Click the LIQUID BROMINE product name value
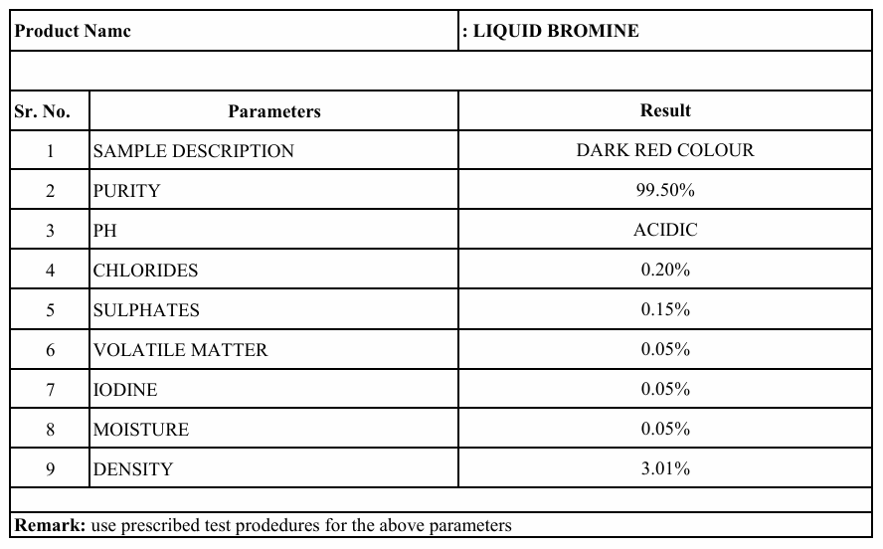555,31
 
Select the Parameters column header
273,111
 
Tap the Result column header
665,110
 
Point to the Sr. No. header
42,111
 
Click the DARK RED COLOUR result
665,150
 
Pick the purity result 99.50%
665,190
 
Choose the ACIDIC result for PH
665,230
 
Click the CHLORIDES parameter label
145,271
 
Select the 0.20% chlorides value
665,270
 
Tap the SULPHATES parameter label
146,310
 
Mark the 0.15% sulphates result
665,309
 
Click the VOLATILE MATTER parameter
180,350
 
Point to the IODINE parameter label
125,390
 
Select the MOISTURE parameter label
141,430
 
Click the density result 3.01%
665,468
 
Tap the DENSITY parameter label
133,469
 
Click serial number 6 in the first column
50,350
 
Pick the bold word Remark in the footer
49,525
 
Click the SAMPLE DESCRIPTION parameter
193,151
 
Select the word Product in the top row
46,31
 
